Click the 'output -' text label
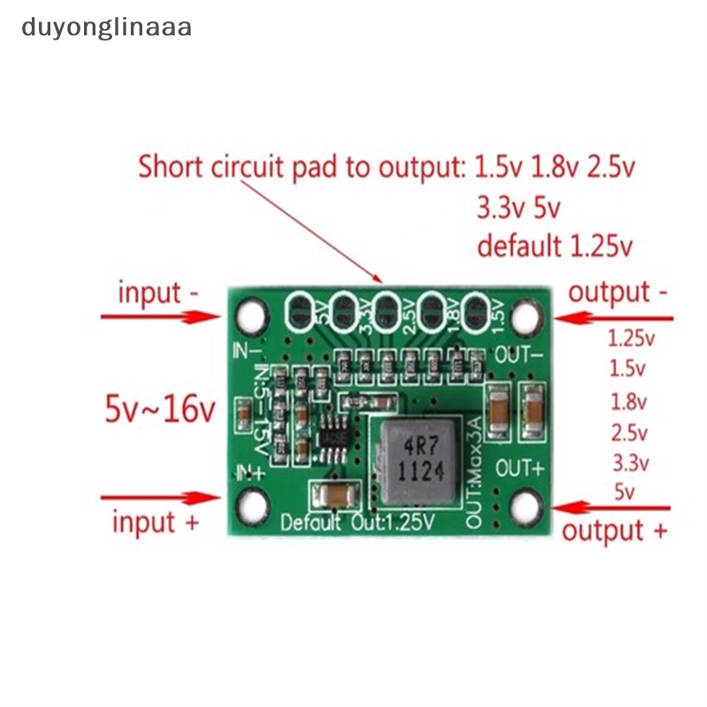click(x=618, y=293)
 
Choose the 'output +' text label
click(x=615, y=531)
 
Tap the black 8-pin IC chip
click(x=335, y=436)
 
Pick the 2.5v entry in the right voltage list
click(x=629, y=433)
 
